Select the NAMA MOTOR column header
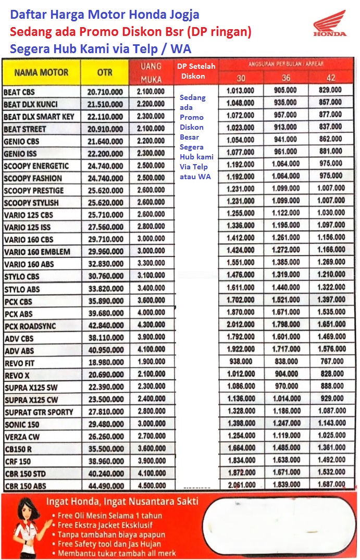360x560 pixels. tap(41, 72)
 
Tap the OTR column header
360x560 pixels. tap(105, 73)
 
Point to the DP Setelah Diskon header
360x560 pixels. tap(197, 71)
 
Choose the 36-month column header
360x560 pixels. tap(285, 78)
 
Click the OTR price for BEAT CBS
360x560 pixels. tap(105, 92)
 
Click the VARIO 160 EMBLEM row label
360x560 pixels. tap(37, 252)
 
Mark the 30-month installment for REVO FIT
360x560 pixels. tap(241, 362)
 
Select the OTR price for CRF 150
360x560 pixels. tap(105, 462)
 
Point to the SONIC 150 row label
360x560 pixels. tap(21, 425)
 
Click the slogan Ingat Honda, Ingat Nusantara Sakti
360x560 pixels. tap(122, 502)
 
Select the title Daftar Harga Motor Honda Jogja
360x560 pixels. tap(105, 15)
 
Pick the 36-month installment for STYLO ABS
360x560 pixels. tap(285, 287)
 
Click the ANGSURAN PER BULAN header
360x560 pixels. tap(285, 64)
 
